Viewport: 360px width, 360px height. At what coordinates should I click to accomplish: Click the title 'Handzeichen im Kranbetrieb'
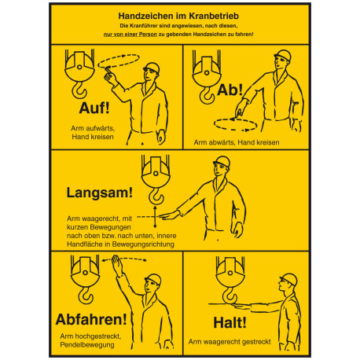coord(179,15)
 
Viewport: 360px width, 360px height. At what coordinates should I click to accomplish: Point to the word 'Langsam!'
coord(90,192)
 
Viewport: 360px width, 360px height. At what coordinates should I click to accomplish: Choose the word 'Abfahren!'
coord(90,318)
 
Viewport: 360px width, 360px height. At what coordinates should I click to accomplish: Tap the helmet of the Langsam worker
coord(222,163)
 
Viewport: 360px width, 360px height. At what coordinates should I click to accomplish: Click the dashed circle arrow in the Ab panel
coord(233,123)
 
